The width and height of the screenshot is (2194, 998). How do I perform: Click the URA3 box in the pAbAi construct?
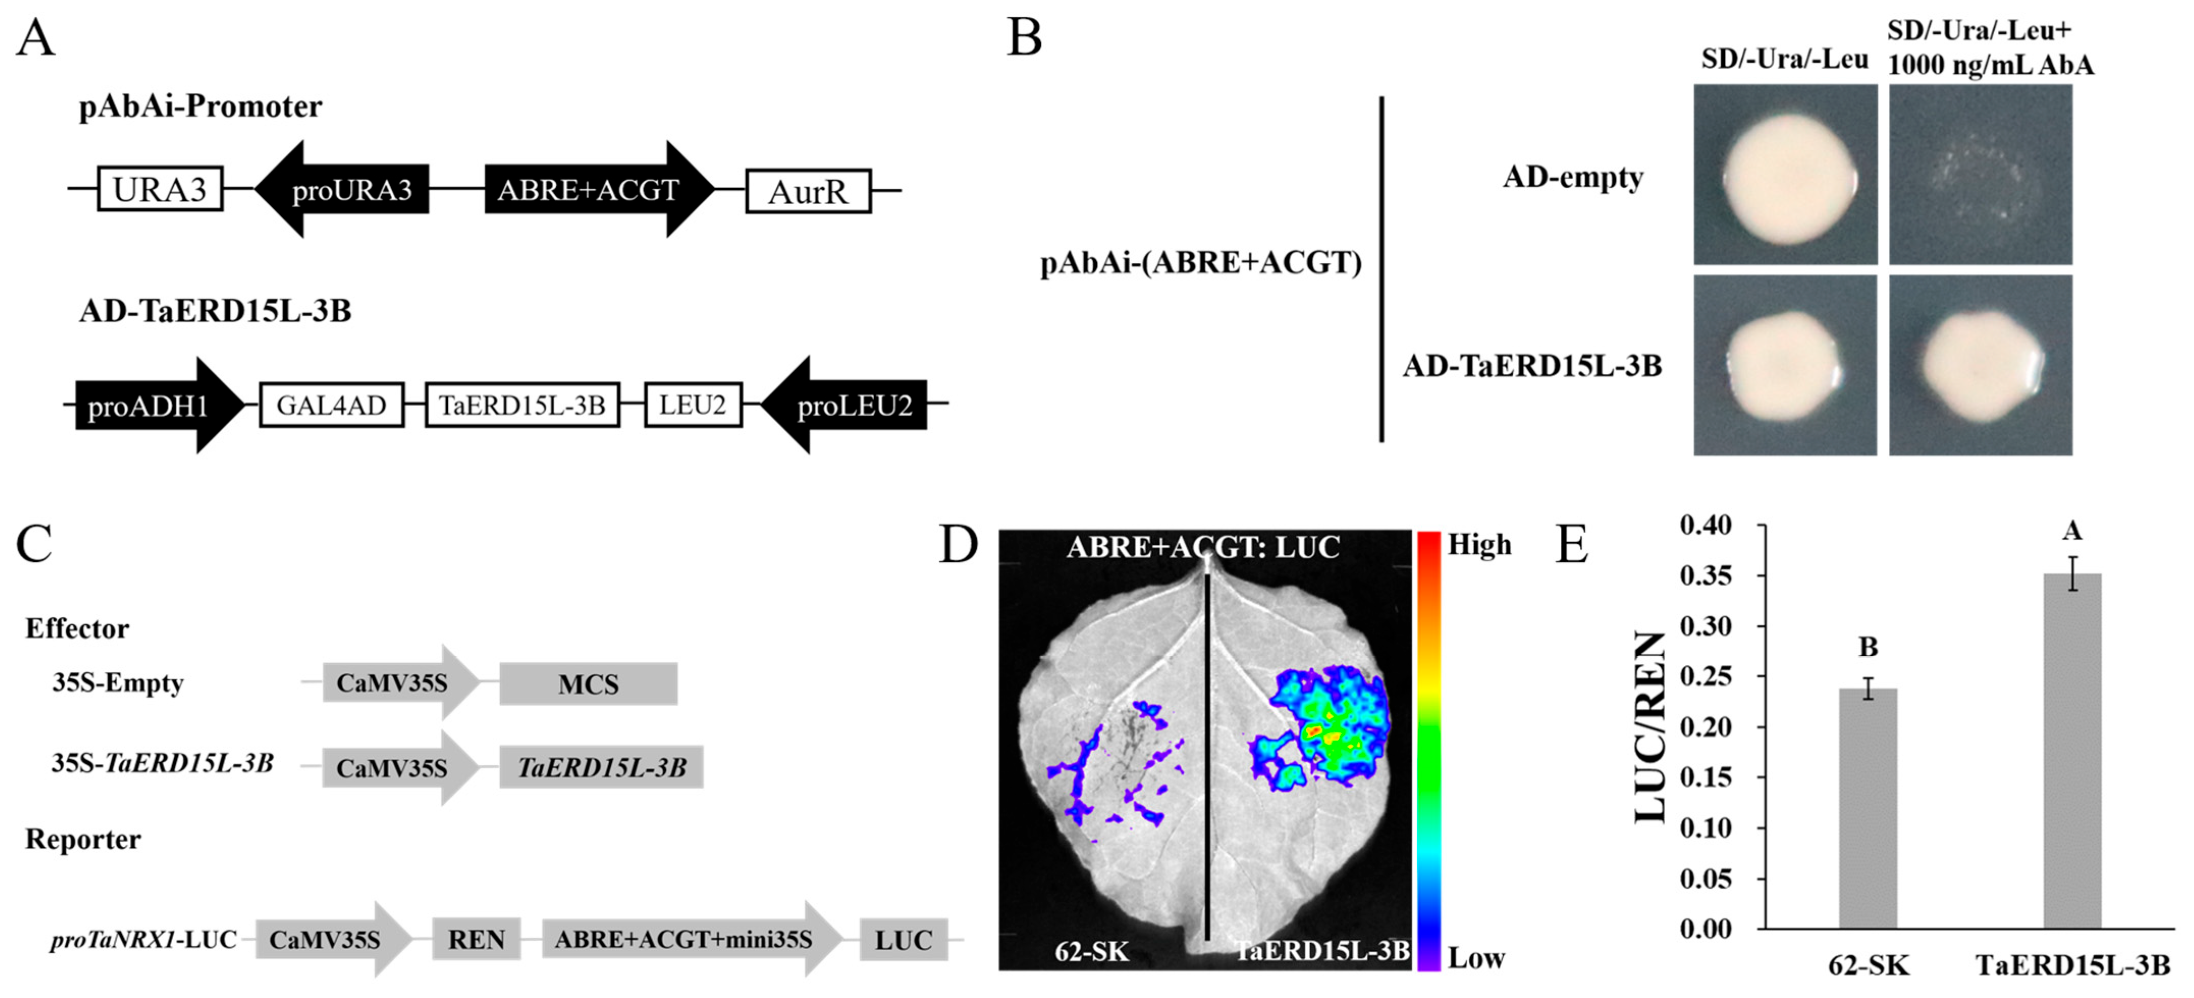coord(160,189)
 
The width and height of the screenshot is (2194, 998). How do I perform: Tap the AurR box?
coord(807,191)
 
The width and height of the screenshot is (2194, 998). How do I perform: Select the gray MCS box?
coord(588,684)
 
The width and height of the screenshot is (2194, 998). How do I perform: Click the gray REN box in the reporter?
coord(476,939)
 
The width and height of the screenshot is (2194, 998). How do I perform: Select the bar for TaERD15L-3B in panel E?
coord(2072,750)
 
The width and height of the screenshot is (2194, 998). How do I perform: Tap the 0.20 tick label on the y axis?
coord(1706,727)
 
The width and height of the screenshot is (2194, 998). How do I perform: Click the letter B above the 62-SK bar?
coord(1868,647)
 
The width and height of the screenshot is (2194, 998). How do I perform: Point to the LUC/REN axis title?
coord(1650,728)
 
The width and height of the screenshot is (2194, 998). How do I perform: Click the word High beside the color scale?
coord(1479,544)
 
